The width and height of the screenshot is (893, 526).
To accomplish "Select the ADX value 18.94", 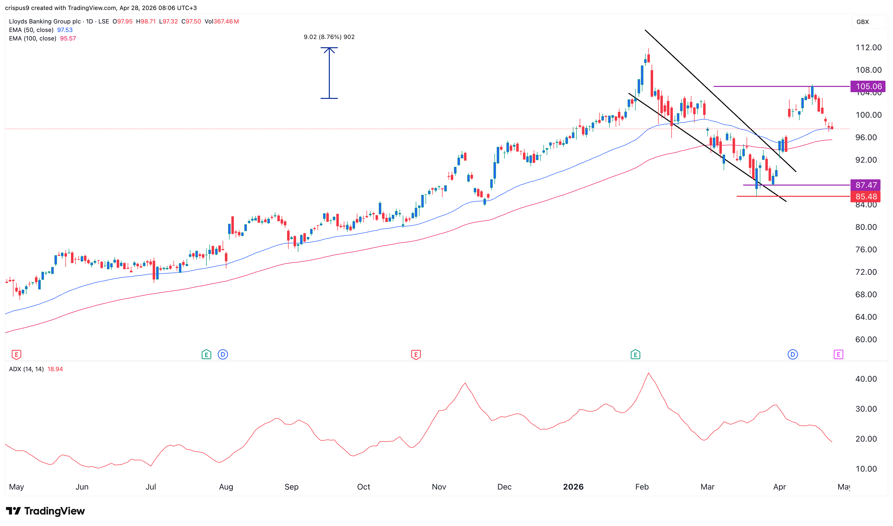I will click(x=55, y=369).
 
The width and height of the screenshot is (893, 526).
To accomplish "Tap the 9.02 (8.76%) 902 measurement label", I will click(x=329, y=37).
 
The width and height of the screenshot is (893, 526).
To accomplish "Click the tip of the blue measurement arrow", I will click(x=329, y=48).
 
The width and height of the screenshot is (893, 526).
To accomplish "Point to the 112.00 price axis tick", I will click(x=868, y=47).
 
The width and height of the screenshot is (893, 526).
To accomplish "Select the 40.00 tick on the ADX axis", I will click(x=866, y=379).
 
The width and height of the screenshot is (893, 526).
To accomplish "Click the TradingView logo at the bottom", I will click(x=45, y=511).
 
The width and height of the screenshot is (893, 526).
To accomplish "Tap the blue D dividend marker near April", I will click(x=792, y=354).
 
